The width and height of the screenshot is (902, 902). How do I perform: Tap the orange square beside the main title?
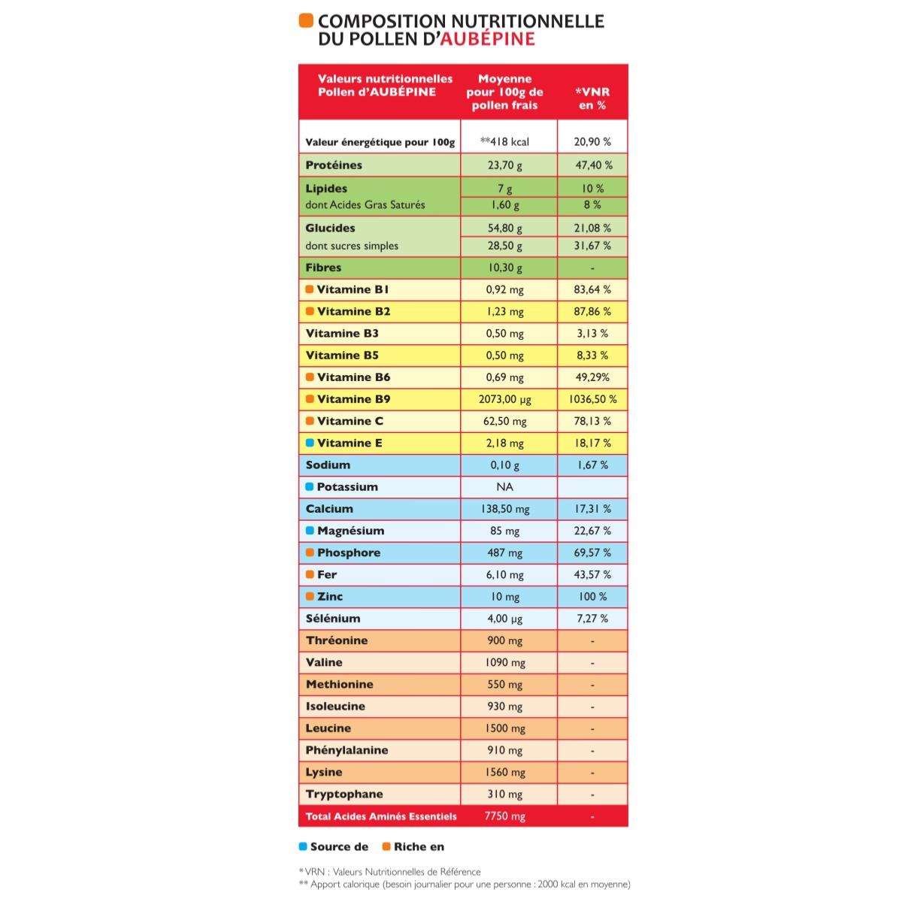point(305,20)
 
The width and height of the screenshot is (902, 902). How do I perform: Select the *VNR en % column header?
point(592,98)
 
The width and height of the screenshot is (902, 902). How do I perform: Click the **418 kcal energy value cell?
point(504,141)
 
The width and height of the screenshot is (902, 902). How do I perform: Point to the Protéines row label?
point(334,165)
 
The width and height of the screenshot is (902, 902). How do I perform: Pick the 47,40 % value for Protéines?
point(592,165)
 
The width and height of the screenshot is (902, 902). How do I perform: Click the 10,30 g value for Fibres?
point(504,268)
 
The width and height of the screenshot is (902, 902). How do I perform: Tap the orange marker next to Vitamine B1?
point(310,289)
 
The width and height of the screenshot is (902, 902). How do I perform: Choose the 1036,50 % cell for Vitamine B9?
point(592,399)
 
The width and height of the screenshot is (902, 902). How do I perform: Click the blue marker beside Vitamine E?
point(310,443)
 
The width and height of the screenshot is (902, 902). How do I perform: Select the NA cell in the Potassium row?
point(504,487)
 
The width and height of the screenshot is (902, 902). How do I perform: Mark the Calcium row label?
point(329,509)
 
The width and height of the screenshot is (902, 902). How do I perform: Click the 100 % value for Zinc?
point(592,597)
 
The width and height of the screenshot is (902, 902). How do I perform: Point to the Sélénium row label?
point(333,619)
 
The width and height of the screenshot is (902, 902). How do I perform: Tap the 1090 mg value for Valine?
point(505,663)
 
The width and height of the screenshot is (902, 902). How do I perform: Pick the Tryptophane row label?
point(344,795)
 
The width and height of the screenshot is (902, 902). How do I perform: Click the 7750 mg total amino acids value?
point(505,816)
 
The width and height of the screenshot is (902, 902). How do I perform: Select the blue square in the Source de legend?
point(303,846)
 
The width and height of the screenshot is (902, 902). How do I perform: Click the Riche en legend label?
point(419,847)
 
